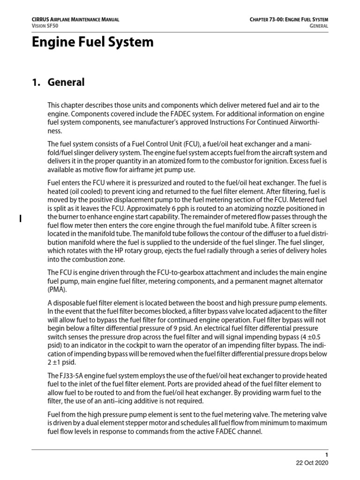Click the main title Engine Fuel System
click(92, 42)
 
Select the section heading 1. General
click(58, 82)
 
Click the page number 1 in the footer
click(327, 455)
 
